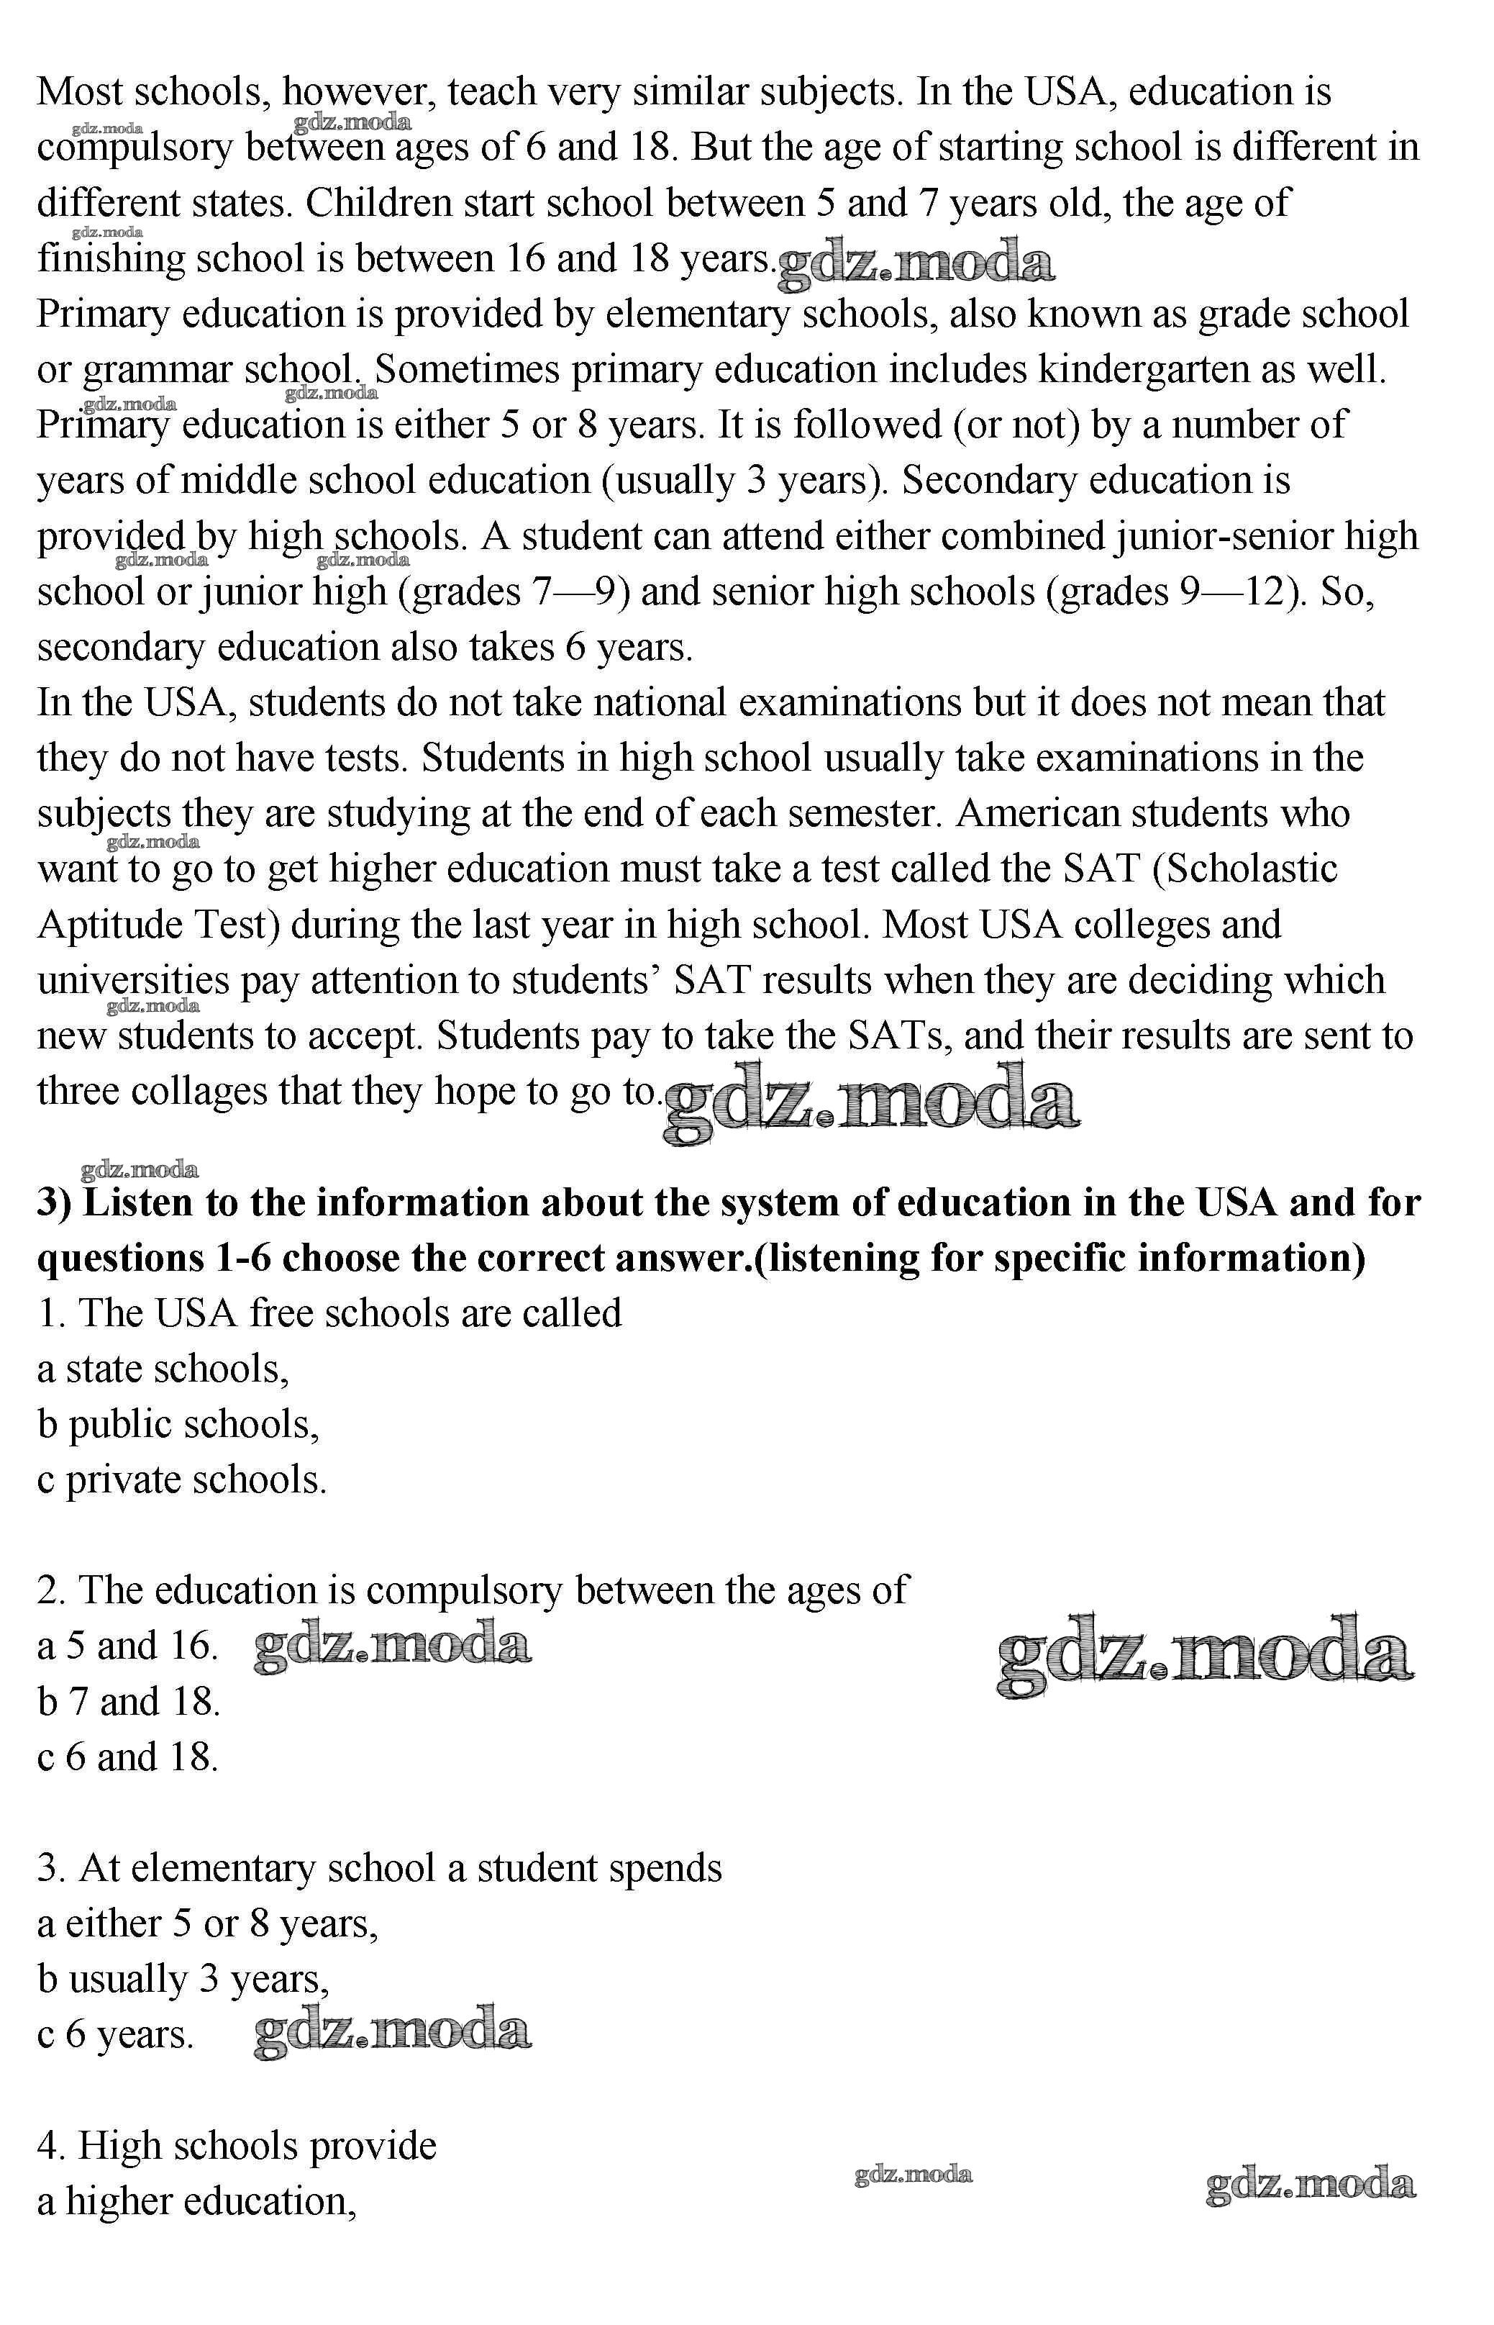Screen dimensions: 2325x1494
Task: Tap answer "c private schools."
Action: (x=183, y=1479)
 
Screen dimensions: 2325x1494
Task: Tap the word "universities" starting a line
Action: (x=133, y=980)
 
